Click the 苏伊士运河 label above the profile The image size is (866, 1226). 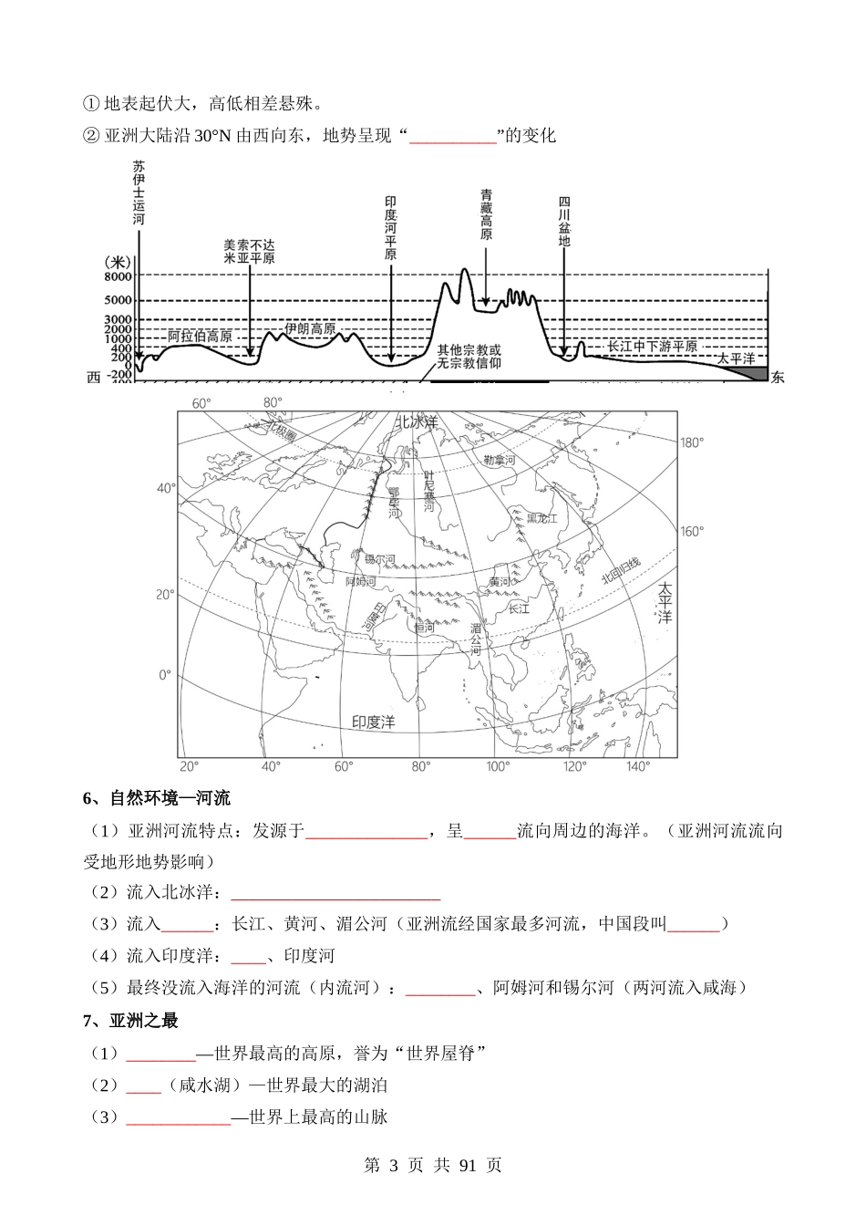(x=139, y=193)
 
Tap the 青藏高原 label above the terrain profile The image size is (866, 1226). (x=487, y=215)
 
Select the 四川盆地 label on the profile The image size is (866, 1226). (x=564, y=222)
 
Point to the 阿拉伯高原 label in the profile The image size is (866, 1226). (x=200, y=336)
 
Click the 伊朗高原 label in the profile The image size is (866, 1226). (x=310, y=328)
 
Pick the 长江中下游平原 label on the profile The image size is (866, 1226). (x=652, y=347)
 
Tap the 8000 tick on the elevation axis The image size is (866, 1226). (x=119, y=276)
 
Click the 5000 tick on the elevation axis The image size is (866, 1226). (x=119, y=300)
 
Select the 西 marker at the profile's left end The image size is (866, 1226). (x=93, y=378)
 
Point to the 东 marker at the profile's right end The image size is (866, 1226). (x=777, y=378)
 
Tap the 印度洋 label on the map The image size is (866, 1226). (x=374, y=722)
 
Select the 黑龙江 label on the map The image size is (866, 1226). (x=541, y=518)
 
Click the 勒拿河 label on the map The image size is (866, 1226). (x=499, y=461)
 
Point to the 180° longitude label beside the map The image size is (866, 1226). (x=692, y=442)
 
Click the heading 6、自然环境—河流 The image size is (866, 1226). (x=157, y=799)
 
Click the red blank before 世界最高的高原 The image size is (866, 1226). (x=160, y=1055)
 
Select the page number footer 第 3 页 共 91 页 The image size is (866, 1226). (x=432, y=1165)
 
